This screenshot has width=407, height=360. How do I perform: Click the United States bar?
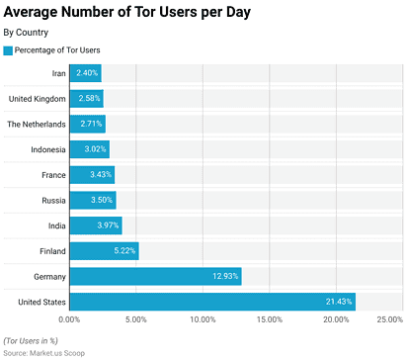coord(211,302)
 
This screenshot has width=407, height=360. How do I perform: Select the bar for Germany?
coord(155,277)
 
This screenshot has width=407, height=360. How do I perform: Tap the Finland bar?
coord(104,251)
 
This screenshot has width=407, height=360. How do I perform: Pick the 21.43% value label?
coord(336,302)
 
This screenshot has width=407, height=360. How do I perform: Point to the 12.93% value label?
coord(222,277)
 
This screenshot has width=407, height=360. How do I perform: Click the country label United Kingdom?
coord(37,99)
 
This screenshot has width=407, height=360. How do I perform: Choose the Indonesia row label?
coord(47,149)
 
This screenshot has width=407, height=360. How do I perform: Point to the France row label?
coord(52,175)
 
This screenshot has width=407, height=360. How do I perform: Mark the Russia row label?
coord(52,201)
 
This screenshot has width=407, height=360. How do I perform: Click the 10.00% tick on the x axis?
coord(203,320)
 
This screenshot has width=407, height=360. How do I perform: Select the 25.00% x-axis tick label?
coord(388,320)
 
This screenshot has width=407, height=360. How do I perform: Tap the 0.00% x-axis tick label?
coord(70,320)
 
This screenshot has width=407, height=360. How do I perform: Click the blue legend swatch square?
coord(9,49)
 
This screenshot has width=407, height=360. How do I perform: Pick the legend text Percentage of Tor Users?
coord(57,49)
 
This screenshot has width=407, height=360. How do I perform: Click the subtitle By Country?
coord(27,33)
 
